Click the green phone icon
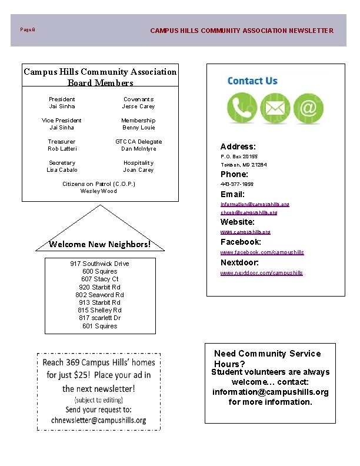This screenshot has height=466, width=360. coord(241,109)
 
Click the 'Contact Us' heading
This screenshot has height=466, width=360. coord(252,81)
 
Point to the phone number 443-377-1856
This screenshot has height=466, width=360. coord(237,184)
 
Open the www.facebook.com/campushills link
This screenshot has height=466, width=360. coord(262,252)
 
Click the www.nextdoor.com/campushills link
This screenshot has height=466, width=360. coord(262,273)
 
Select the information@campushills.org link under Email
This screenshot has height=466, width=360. coord(255,204)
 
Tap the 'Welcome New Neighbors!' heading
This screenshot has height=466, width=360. coord(100,244)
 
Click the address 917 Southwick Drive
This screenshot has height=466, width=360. coord(99,264)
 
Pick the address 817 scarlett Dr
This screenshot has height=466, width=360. coord(99,318)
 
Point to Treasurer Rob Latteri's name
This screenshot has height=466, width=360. coord(62,149)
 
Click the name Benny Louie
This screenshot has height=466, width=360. coord(138,128)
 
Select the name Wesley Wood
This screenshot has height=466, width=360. coord(99,191)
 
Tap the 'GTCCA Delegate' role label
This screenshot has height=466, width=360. coord(138,142)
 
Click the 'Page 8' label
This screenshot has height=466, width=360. coord(28,29)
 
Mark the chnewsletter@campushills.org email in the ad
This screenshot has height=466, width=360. coord(99,420)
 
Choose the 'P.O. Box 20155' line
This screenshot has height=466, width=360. coord(239,157)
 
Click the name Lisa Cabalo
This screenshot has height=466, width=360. coord(62,170)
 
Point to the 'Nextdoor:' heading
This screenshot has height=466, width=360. coord(239,262)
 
